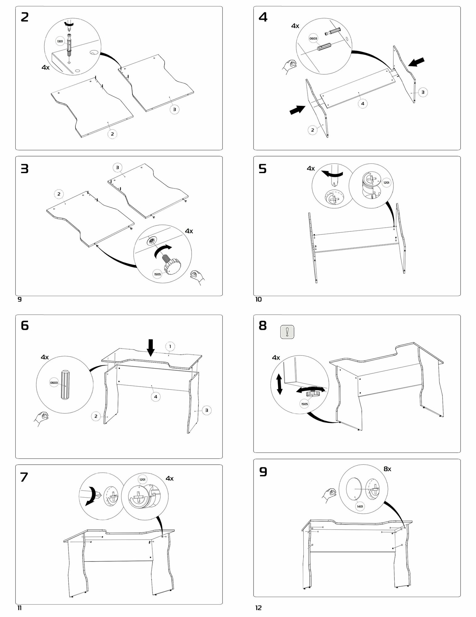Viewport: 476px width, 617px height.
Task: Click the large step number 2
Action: (x=25, y=17)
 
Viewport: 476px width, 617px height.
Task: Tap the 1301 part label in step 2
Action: (x=60, y=41)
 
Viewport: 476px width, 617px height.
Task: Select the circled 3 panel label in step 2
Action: (x=174, y=109)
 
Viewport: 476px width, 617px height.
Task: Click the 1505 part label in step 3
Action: (x=157, y=274)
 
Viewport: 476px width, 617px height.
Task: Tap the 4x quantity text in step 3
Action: (x=189, y=231)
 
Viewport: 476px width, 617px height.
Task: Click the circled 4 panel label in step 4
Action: (x=363, y=104)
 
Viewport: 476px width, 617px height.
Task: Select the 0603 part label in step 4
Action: (x=313, y=39)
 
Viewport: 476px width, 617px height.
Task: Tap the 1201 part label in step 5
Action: (x=386, y=183)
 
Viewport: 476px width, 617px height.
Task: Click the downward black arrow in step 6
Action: (x=151, y=348)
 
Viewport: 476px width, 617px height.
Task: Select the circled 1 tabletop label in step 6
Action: (x=170, y=346)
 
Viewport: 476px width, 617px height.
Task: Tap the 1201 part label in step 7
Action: (x=142, y=479)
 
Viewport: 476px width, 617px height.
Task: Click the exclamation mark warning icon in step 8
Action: (x=287, y=332)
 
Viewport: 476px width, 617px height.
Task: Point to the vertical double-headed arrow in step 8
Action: (x=279, y=384)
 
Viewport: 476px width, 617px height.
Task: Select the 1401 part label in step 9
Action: (x=360, y=506)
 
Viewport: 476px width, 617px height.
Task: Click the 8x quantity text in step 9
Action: (x=387, y=469)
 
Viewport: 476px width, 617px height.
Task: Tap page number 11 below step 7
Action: (x=20, y=608)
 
